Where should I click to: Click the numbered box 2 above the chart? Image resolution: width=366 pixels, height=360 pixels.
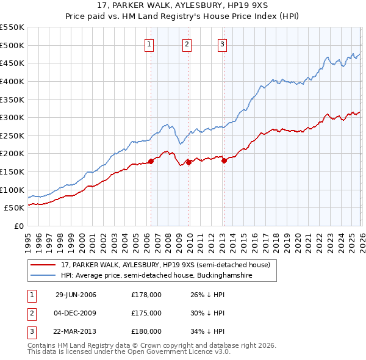(x=187, y=44)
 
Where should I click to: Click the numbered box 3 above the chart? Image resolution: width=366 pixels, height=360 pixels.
(x=223, y=44)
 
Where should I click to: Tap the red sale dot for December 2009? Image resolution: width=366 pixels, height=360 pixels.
(x=188, y=162)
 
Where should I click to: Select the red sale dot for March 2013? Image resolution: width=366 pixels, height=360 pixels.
(x=224, y=160)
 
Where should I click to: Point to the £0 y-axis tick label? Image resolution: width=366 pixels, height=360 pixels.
(x=19, y=226)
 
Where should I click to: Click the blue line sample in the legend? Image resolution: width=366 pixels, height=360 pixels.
(x=45, y=275)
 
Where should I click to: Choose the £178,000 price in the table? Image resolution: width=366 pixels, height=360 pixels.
(x=146, y=295)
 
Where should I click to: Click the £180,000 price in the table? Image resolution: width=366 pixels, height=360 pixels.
(x=146, y=331)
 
